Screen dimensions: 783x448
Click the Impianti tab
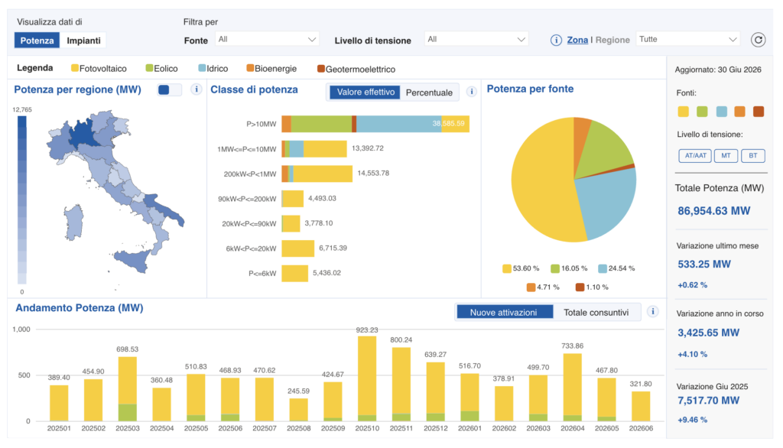pyautogui.click(x=83, y=41)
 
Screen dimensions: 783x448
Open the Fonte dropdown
pyautogui.click(x=267, y=40)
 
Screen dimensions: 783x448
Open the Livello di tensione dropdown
pyautogui.click(x=476, y=40)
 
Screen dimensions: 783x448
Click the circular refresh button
pyautogui.click(x=758, y=40)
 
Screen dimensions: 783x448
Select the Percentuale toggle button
pyautogui.click(x=429, y=93)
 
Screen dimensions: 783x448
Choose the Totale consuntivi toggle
pyautogui.click(x=596, y=313)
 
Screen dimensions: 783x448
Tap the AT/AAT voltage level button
pyautogui.click(x=695, y=156)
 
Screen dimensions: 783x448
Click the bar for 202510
pyautogui.click(x=367, y=378)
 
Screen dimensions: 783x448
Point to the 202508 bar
pyautogui.click(x=299, y=410)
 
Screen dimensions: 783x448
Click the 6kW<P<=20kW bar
pyautogui.click(x=297, y=248)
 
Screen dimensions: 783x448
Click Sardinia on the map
pyautogui.click(x=73, y=222)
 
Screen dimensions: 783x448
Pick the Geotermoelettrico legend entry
pyautogui.click(x=356, y=69)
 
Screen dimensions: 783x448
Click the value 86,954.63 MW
pyautogui.click(x=713, y=211)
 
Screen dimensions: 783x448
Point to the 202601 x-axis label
pyautogui.click(x=469, y=428)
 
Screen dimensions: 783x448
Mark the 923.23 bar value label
pyautogui.click(x=367, y=330)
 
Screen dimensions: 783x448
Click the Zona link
pyautogui.click(x=577, y=40)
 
